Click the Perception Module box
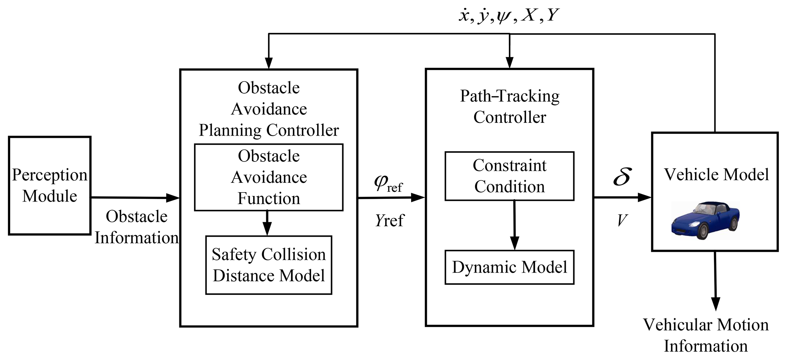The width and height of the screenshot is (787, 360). click(x=49, y=185)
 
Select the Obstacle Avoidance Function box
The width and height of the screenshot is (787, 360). click(x=268, y=177)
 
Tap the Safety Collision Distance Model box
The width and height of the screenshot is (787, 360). click(x=268, y=265)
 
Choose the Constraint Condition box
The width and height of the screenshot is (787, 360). click(x=509, y=176)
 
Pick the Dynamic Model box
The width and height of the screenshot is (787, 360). click(x=509, y=267)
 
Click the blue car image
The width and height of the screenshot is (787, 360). click(x=705, y=220)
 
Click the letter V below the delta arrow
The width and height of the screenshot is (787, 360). click(x=622, y=220)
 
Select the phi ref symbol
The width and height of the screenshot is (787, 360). click(x=388, y=184)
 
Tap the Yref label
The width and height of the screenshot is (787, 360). click(x=389, y=220)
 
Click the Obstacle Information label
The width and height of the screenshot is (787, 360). click(x=136, y=227)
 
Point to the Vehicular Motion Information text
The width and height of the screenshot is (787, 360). click(x=706, y=335)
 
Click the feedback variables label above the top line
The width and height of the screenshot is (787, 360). click(x=509, y=16)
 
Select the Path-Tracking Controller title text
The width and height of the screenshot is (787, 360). click(x=510, y=106)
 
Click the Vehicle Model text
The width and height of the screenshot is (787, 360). click(x=716, y=175)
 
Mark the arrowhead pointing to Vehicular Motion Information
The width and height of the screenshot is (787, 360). click(x=715, y=304)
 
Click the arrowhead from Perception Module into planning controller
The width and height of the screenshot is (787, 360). click(x=173, y=198)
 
